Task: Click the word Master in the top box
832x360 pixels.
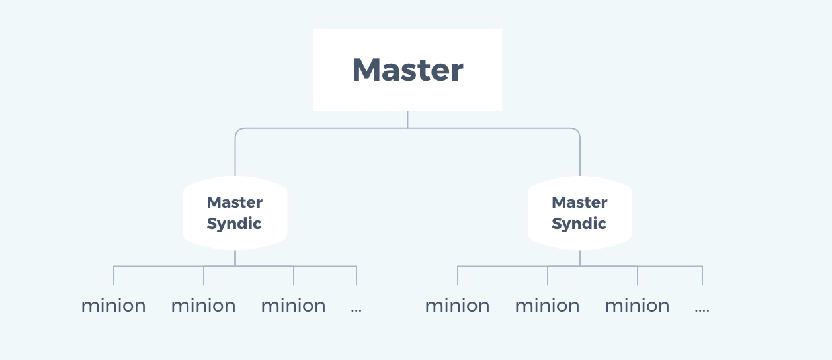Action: (x=407, y=69)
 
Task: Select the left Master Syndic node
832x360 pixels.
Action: (x=235, y=213)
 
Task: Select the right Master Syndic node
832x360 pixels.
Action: (x=579, y=213)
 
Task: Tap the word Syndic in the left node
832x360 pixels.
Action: (x=234, y=224)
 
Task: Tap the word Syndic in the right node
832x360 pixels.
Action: (x=579, y=224)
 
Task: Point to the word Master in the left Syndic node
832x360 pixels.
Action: (x=235, y=202)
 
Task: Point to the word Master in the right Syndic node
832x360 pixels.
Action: (x=579, y=202)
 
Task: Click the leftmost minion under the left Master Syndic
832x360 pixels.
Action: (x=114, y=306)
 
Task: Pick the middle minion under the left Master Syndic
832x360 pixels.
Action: (x=204, y=306)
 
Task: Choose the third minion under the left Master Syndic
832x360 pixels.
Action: (x=294, y=306)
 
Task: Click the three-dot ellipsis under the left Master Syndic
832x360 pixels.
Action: (x=356, y=309)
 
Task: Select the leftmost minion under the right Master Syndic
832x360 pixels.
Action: (x=458, y=306)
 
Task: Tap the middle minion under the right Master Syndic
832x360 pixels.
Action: (x=548, y=306)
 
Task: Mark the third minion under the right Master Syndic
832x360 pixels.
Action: (x=638, y=306)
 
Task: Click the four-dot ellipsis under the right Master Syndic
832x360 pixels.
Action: (x=702, y=309)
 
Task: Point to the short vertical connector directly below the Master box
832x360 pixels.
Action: (x=407, y=119)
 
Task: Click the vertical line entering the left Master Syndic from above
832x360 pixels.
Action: (x=235, y=156)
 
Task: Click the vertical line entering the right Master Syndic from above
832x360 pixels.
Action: (x=580, y=156)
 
